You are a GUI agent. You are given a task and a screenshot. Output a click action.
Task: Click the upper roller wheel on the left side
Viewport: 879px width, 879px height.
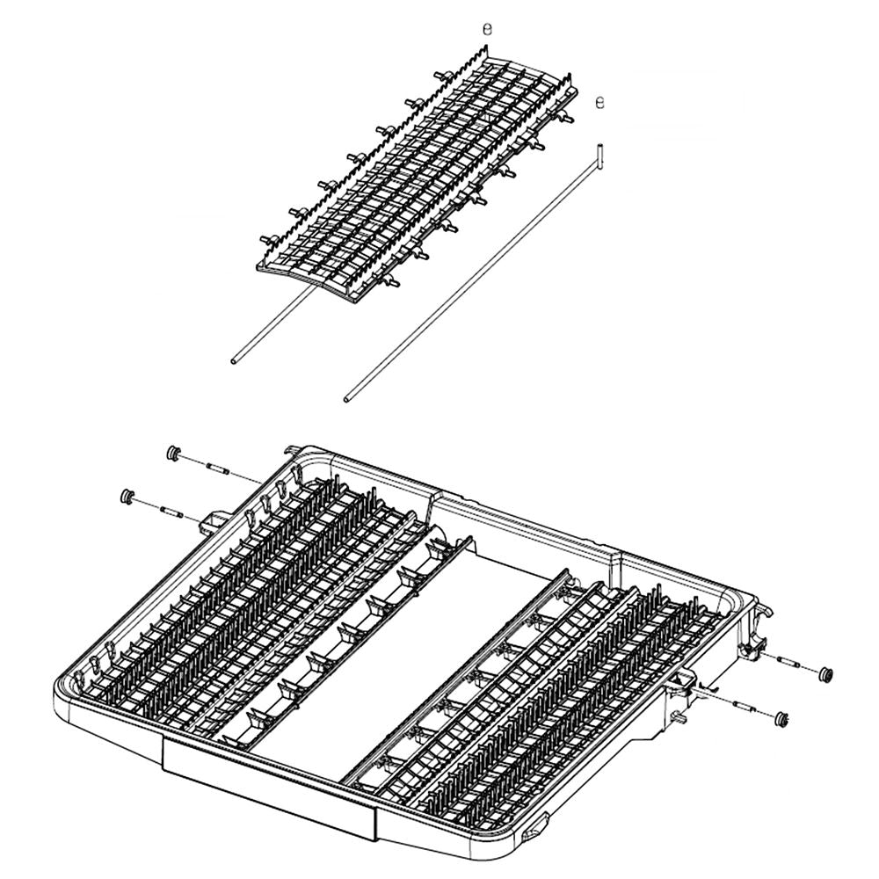coord(173,453)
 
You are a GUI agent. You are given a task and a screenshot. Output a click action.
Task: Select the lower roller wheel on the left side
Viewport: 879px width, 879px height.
coord(128,496)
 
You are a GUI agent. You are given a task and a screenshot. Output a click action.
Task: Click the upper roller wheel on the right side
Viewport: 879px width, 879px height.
coord(825,674)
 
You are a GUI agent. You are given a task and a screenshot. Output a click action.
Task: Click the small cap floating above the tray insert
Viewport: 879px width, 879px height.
coord(489,29)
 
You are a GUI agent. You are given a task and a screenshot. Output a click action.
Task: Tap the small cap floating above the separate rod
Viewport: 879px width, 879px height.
coord(600,102)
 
